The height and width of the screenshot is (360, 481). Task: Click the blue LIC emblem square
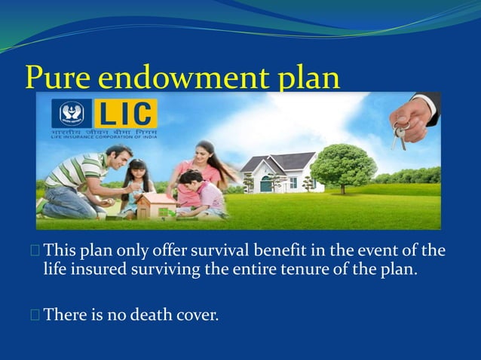pos(72,114)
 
